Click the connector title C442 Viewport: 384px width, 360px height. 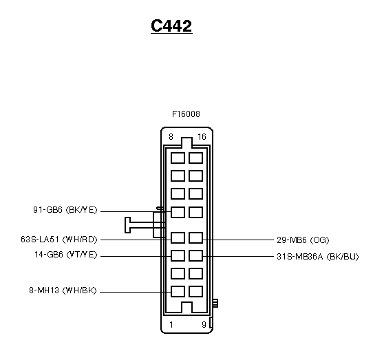click(171, 25)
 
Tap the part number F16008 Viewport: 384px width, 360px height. click(186, 114)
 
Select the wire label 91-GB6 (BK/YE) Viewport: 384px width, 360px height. click(65, 210)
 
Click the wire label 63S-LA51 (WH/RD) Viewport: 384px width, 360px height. click(59, 240)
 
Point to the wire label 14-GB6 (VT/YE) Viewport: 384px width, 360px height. click(66, 255)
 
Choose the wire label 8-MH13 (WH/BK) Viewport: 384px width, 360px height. click(63, 290)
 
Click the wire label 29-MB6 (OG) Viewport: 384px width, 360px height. click(303, 240)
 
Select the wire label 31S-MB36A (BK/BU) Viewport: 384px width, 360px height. click(318, 257)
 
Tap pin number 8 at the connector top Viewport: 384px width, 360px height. click(171, 137)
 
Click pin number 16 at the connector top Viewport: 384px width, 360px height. click(202, 137)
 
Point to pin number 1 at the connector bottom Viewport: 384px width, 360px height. click(171, 325)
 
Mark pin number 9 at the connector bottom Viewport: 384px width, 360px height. click(204, 325)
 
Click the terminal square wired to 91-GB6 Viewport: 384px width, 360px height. click(178, 212)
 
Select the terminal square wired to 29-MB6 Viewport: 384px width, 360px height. click(196, 237)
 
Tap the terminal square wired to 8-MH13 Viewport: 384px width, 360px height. click(178, 291)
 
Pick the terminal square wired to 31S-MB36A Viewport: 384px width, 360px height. click(196, 255)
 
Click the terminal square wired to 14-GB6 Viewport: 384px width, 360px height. click(178, 255)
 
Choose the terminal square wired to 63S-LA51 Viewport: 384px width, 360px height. click(178, 237)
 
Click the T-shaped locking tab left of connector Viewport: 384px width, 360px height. click(127, 225)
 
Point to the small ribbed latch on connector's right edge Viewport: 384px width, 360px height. click(215, 303)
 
